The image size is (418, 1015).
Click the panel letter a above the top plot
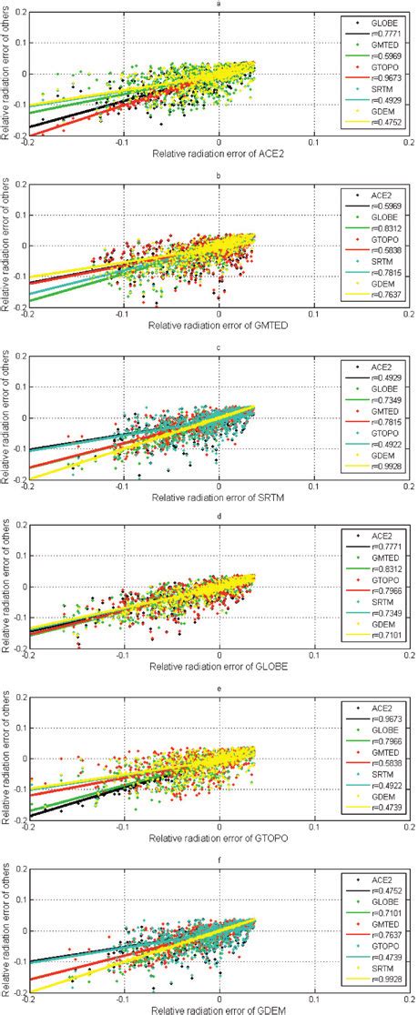(218, 5)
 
